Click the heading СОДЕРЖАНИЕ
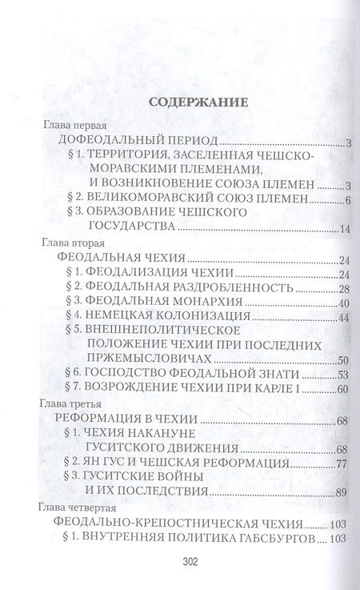tap(179, 102)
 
